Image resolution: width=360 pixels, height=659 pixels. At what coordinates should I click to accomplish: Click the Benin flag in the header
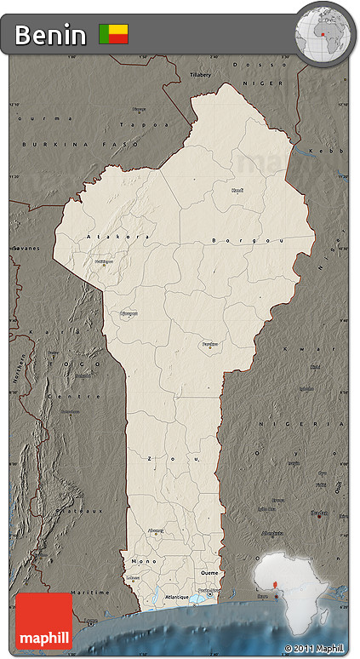pyautogui.click(x=114, y=34)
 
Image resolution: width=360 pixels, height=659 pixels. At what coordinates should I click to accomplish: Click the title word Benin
pyautogui.click(x=50, y=35)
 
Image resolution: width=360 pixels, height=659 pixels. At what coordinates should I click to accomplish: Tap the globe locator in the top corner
pyautogui.click(x=324, y=34)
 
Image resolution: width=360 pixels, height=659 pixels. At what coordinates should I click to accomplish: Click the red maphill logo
pyautogui.click(x=44, y=621)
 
